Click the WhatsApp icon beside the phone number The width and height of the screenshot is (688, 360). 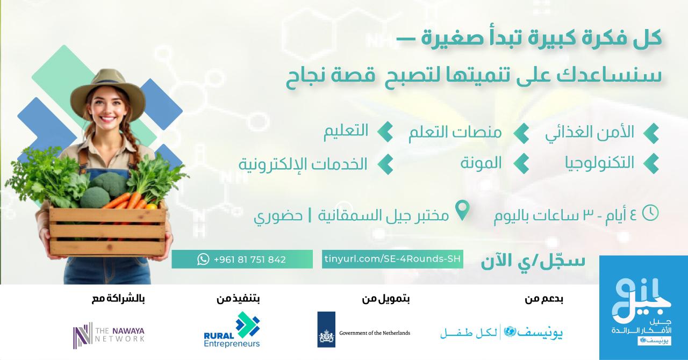tap(203, 259)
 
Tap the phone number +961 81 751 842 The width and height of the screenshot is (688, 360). tap(250, 260)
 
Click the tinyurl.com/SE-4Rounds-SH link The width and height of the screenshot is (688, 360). tap(392, 259)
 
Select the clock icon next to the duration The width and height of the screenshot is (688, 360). tap(650, 213)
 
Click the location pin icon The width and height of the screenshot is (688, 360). tap(463, 210)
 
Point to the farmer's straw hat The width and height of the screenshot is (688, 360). tap(107, 92)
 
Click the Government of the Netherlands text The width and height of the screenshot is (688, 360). tap(375, 333)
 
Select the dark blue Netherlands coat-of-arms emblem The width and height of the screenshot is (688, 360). tap(326, 329)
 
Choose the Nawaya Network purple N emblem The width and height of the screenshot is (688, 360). tap(83, 335)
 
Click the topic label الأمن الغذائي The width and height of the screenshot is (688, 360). tap(590, 132)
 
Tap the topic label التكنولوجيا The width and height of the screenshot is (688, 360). tap(599, 163)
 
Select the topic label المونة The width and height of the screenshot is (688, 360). tap(481, 163)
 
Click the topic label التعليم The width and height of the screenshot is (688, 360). tap(346, 131)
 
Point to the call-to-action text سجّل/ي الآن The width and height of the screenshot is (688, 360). tap(533, 261)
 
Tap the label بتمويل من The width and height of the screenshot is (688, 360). tap(386, 299)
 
